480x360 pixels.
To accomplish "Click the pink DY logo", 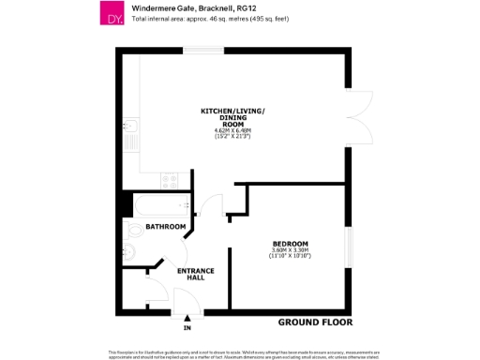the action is (112, 14).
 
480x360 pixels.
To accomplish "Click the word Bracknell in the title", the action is (200, 8).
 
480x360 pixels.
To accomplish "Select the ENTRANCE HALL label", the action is (196, 274).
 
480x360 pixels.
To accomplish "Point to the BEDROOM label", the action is (290, 244).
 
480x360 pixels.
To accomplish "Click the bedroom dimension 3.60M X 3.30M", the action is (290, 250).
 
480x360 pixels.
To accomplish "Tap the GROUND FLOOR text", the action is (315, 322).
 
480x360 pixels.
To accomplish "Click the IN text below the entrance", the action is (187, 329).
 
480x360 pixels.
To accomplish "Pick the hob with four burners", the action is (171, 178).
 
